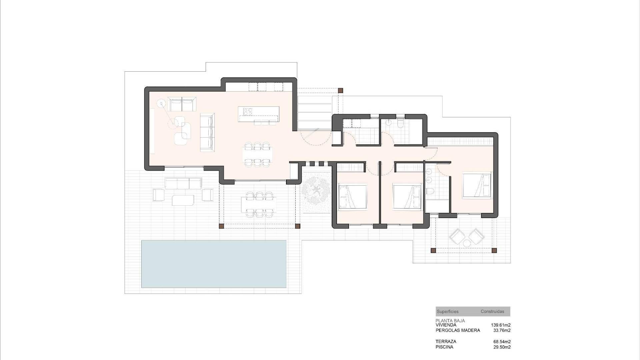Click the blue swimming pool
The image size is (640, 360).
(214, 264)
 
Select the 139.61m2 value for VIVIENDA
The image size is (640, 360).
(500, 325)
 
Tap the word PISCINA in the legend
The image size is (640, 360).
(444, 347)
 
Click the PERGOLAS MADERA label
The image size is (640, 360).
(458, 330)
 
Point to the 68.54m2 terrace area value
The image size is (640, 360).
(502, 342)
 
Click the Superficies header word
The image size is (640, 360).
(447, 312)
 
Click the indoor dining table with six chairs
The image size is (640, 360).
(257, 154)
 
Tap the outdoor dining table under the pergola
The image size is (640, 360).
(258, 204)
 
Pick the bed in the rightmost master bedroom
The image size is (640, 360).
(477, 185)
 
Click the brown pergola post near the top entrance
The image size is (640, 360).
(340, 90)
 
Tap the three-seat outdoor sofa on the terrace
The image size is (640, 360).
(183, 184)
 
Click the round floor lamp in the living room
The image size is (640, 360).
(162, 104)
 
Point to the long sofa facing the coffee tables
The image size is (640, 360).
(207, 132)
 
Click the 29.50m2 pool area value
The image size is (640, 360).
(502, 347)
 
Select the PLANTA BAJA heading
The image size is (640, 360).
(450, 321)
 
